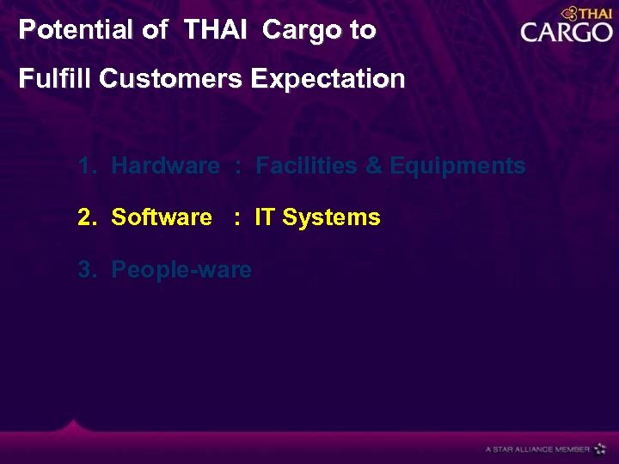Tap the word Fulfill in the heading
[55, 79]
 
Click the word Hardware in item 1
[165, 166]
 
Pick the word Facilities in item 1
[307, 166]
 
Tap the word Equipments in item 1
[457, 166]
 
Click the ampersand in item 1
[374, 166]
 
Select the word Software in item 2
[162, 217]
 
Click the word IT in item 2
[265, 217]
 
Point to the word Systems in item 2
[331, 217]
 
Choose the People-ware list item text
[181, 270]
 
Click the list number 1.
[85, 166]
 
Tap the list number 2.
[85, 217]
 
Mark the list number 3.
[85, 270]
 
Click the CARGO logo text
[566, 33]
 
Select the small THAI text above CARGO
[593, 13]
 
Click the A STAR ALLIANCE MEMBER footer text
[537, 449]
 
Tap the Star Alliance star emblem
[600, 448]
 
